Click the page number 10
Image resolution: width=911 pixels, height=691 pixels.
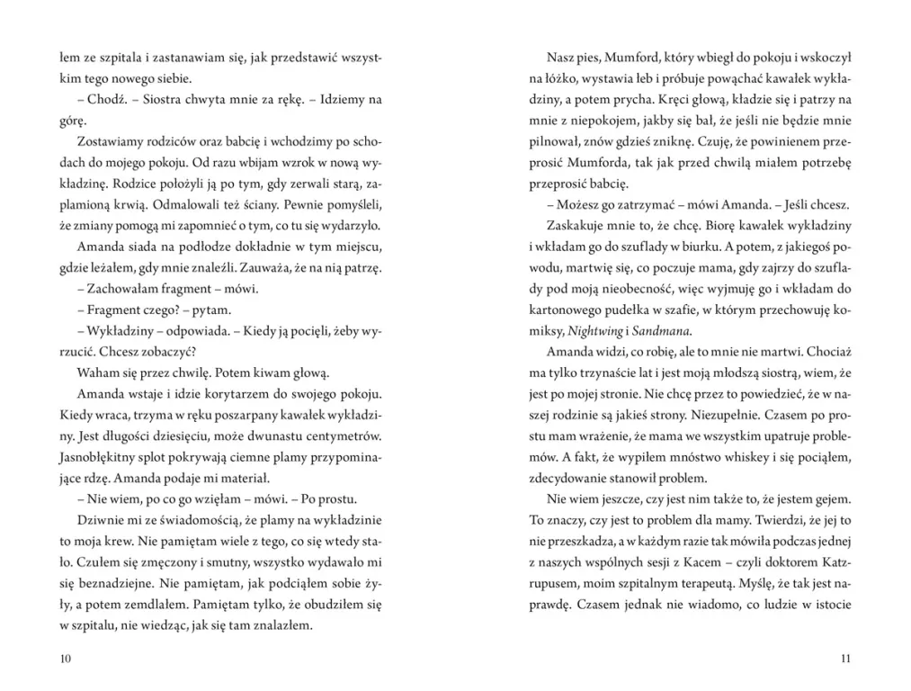pyautogui.click(x=65, y=659)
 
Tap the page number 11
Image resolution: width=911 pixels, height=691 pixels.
pyautogui.click(x=844, y=659)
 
